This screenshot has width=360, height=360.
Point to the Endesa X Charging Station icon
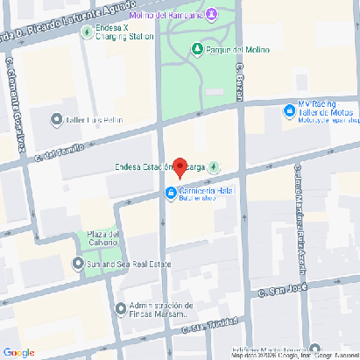86,32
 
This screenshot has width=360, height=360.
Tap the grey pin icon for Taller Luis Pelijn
56,119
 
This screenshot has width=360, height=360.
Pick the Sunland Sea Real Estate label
128,263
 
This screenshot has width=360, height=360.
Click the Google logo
18,352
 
